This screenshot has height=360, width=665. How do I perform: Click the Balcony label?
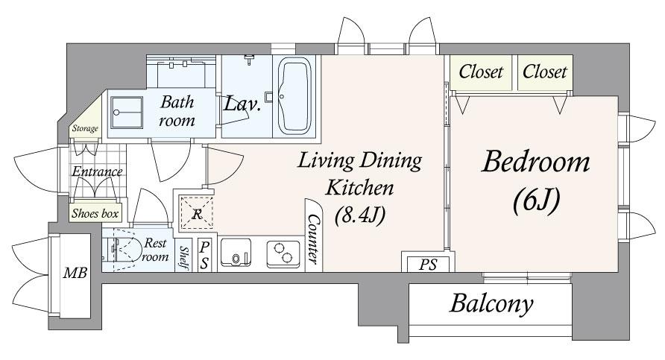(491, 303)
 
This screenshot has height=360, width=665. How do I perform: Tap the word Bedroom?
(535, 162)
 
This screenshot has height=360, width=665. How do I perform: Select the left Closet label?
(481, 72)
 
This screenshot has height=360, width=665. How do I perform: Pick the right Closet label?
(544, 72)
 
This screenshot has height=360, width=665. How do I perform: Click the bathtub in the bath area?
(294, 96)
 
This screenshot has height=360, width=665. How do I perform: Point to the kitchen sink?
(236, 253)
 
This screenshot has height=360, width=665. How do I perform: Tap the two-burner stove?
(283, 253)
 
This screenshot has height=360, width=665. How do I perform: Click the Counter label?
(314, 239)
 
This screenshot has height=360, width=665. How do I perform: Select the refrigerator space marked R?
(196, 213)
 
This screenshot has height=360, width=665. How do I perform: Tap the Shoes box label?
(95, 213)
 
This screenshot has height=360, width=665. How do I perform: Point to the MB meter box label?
(75, 273)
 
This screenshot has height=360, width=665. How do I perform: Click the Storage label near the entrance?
(85, 128)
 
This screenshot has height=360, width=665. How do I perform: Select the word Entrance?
(97, 171)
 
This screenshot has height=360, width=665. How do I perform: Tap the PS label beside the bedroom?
(427, 265)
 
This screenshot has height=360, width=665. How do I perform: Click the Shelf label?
(183, 257)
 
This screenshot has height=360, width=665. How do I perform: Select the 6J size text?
(537, 200)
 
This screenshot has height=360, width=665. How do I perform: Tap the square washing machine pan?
(127, 113)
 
